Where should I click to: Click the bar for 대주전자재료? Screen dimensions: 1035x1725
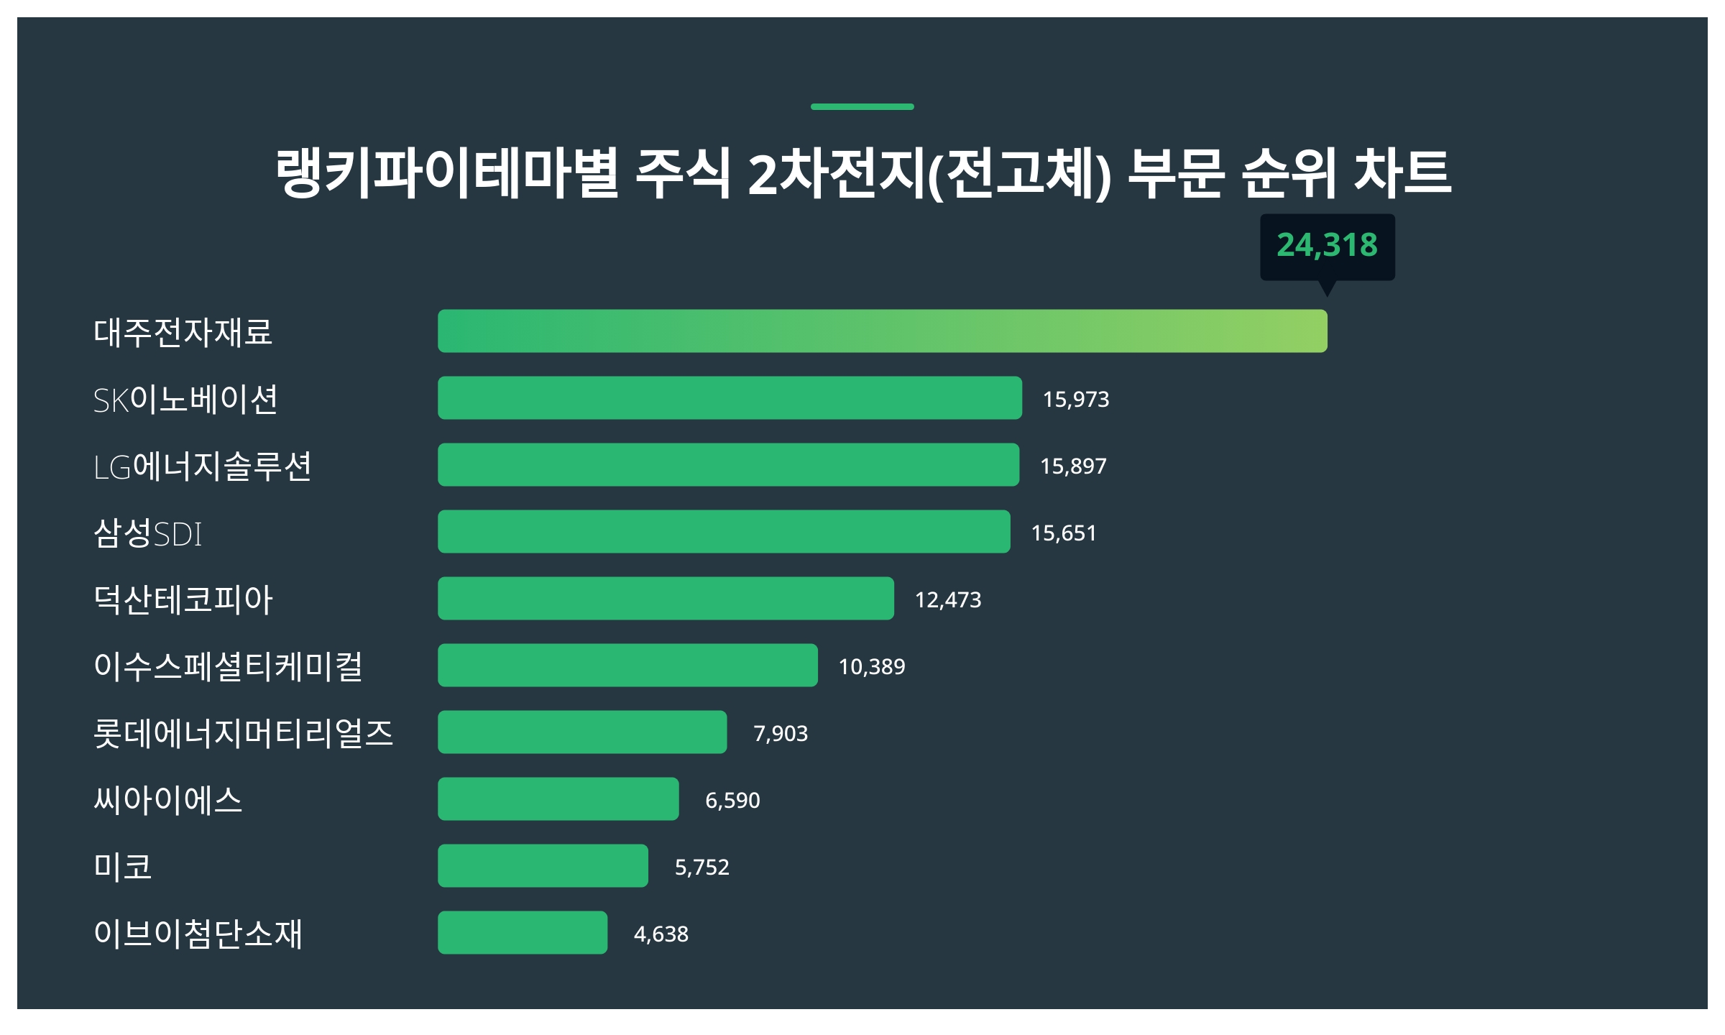(x=882, y=331)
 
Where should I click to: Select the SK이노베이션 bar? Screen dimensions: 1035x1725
(x=730, y=398)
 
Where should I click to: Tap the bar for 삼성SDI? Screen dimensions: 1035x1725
(x=724, y=532)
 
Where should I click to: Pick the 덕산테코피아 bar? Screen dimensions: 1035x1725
(x=666, y=599)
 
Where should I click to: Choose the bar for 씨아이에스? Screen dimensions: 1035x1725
(x=558, y=799)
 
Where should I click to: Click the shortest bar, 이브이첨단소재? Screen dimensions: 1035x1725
(x=523, y=933)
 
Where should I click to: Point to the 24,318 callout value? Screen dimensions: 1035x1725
(x=1327, y=246)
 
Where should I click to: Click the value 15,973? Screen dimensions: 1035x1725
(x=1075, y=400)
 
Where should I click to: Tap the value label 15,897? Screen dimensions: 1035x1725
(x=1073, y=466)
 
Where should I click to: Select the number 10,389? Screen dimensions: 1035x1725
(x=871, y=667)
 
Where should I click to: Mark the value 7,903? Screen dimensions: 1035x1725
(x=780, y=734)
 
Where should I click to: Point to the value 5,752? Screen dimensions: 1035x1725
(x=701, y=868)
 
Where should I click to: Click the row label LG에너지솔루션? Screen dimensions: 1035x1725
(x=202, y=466)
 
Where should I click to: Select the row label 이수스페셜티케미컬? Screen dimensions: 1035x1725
(x=228, y=666)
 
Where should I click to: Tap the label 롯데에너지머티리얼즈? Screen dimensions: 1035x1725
(x=243, y=734)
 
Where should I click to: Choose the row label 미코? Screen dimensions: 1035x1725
(x=123, y=867)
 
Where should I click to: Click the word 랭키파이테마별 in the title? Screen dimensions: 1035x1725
(x=447, y=173)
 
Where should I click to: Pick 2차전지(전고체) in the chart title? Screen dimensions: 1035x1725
(x=929, y=175)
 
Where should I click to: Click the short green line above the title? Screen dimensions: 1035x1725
(x=862, y=107)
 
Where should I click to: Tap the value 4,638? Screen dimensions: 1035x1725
(x=661, y=934)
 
